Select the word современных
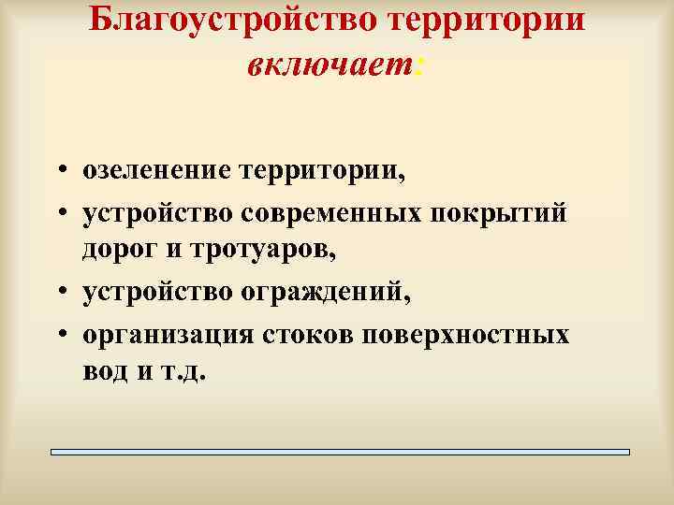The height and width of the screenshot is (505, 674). click(332, 212)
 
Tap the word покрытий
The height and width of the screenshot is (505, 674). click(499, 212)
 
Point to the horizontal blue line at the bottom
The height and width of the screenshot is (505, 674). click(340, 452)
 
